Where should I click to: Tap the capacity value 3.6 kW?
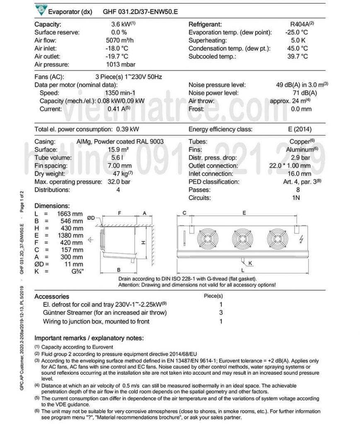pyautogui.click(x=120, y=24)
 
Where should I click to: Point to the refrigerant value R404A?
pyautogui.click(x=300, y=24)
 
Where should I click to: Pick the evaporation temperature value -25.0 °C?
pyautogui.click(x=297, y=32)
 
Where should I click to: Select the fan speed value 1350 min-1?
pyautogui.click(x=119, y=93)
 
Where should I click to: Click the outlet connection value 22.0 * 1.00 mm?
pyautogui.click(x=290, y=166)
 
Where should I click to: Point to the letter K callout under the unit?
pyautogui.click(x=250, y=263)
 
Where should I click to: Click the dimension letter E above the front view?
pyautogui.click(x=244, y=213)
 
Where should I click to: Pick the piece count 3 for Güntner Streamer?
pyautogui.click(x=221, y=313)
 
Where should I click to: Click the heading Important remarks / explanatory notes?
pyautogui.click(x=89, y=338)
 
